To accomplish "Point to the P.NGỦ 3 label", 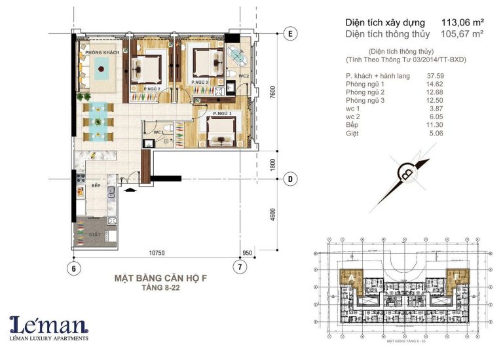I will (200, 82).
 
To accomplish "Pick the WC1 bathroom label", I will (158, 132).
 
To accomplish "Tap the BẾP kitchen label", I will (96, 186).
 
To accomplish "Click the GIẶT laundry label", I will (96, 232).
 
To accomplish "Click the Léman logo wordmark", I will (49, 325).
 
